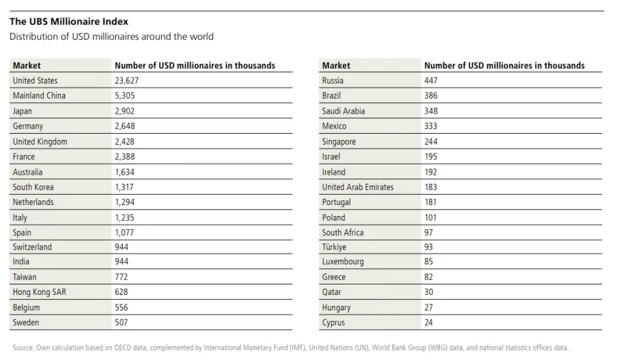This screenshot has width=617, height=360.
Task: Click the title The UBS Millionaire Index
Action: coord(69,21)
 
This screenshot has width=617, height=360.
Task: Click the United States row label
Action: coord(35,81)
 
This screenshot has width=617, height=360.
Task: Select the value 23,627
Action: coord(127,81)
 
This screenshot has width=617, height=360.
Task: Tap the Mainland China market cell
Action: coord(39,95)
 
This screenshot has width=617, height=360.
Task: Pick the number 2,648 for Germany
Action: coord(125,126)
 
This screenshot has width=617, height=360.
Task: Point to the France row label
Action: coord(23,156)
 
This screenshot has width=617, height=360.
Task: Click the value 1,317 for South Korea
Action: coord(124,187)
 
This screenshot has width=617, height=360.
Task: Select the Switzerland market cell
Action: coord(32,247)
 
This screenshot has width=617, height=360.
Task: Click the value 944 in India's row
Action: coord(121,262)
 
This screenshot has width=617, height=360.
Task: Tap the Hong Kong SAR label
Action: coord(39,292)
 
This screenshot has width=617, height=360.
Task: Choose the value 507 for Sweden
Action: coord(121,322)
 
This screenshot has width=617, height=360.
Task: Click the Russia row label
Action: coord(332,81)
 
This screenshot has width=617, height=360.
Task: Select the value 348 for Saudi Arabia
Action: coord(431,111)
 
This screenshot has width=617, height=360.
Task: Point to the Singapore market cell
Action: coord(339,142)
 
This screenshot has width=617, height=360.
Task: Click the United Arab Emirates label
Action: coord(358,187)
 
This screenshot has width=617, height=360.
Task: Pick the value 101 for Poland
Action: coord(431,217)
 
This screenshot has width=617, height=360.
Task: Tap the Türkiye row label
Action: coord(334,247)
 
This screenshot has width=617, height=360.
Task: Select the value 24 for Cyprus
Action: coord(428,322)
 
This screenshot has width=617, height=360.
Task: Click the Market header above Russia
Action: coord(336,65)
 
